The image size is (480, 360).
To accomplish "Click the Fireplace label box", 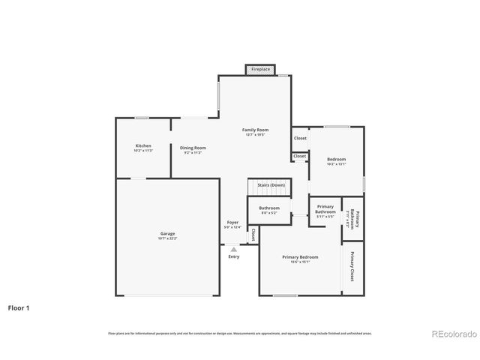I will pyautogui.click(x=260, y=69).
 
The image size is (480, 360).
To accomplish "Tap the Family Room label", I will pyautogui.click(x=255, y=130).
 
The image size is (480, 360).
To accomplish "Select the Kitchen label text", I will pyautogui.click(x=143, y=145).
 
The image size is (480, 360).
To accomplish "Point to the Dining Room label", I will pyautogui.click(x=193, y=148).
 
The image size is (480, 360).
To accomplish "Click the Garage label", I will pyautogui.click(x=167, y=233).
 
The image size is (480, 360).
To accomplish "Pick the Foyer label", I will pyautogui.click(x=233, y=223).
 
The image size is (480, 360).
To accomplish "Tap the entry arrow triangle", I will pyautogui.click(x=234, y=249).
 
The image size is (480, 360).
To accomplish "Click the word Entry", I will pyautogui.click(x=234, y=257).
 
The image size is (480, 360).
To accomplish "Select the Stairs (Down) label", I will pyautogui.click(x=271, y=184).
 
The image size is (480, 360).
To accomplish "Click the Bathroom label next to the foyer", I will pyautogui.click(x=269, y=208).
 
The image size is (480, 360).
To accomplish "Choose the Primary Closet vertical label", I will pyautogui.click(x=352, y=266).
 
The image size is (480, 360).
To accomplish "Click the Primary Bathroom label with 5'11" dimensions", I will pyautogui.click(x=325, y=209).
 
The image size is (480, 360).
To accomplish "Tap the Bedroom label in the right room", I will pyautogui.click(x=336, y=159).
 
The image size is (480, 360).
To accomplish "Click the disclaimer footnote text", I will pyautogui.click(x=239, y=333).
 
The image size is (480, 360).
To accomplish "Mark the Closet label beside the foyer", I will pyautogui.click(x=253, y=235).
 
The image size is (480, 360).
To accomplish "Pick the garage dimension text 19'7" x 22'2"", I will pyautogui.click(x=167, y=238).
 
